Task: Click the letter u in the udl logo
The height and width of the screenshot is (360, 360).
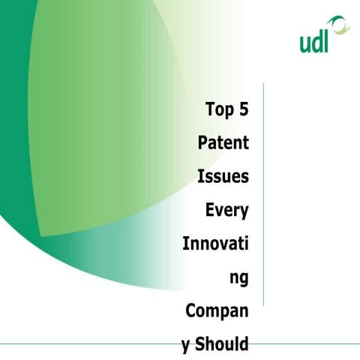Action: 306,43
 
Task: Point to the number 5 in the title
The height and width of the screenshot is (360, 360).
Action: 243,109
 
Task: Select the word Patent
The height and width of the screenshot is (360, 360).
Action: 223,142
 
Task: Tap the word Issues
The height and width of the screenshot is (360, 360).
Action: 223,177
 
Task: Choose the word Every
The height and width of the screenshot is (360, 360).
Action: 226,211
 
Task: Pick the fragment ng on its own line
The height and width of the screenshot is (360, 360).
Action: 239,279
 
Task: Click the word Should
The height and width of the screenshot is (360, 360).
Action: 224,345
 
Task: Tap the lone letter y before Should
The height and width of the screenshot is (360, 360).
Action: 186,347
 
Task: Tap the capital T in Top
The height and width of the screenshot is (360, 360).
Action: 210,109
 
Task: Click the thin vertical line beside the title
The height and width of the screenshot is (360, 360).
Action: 263,195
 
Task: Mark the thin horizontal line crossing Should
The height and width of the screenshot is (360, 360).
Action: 90,344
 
